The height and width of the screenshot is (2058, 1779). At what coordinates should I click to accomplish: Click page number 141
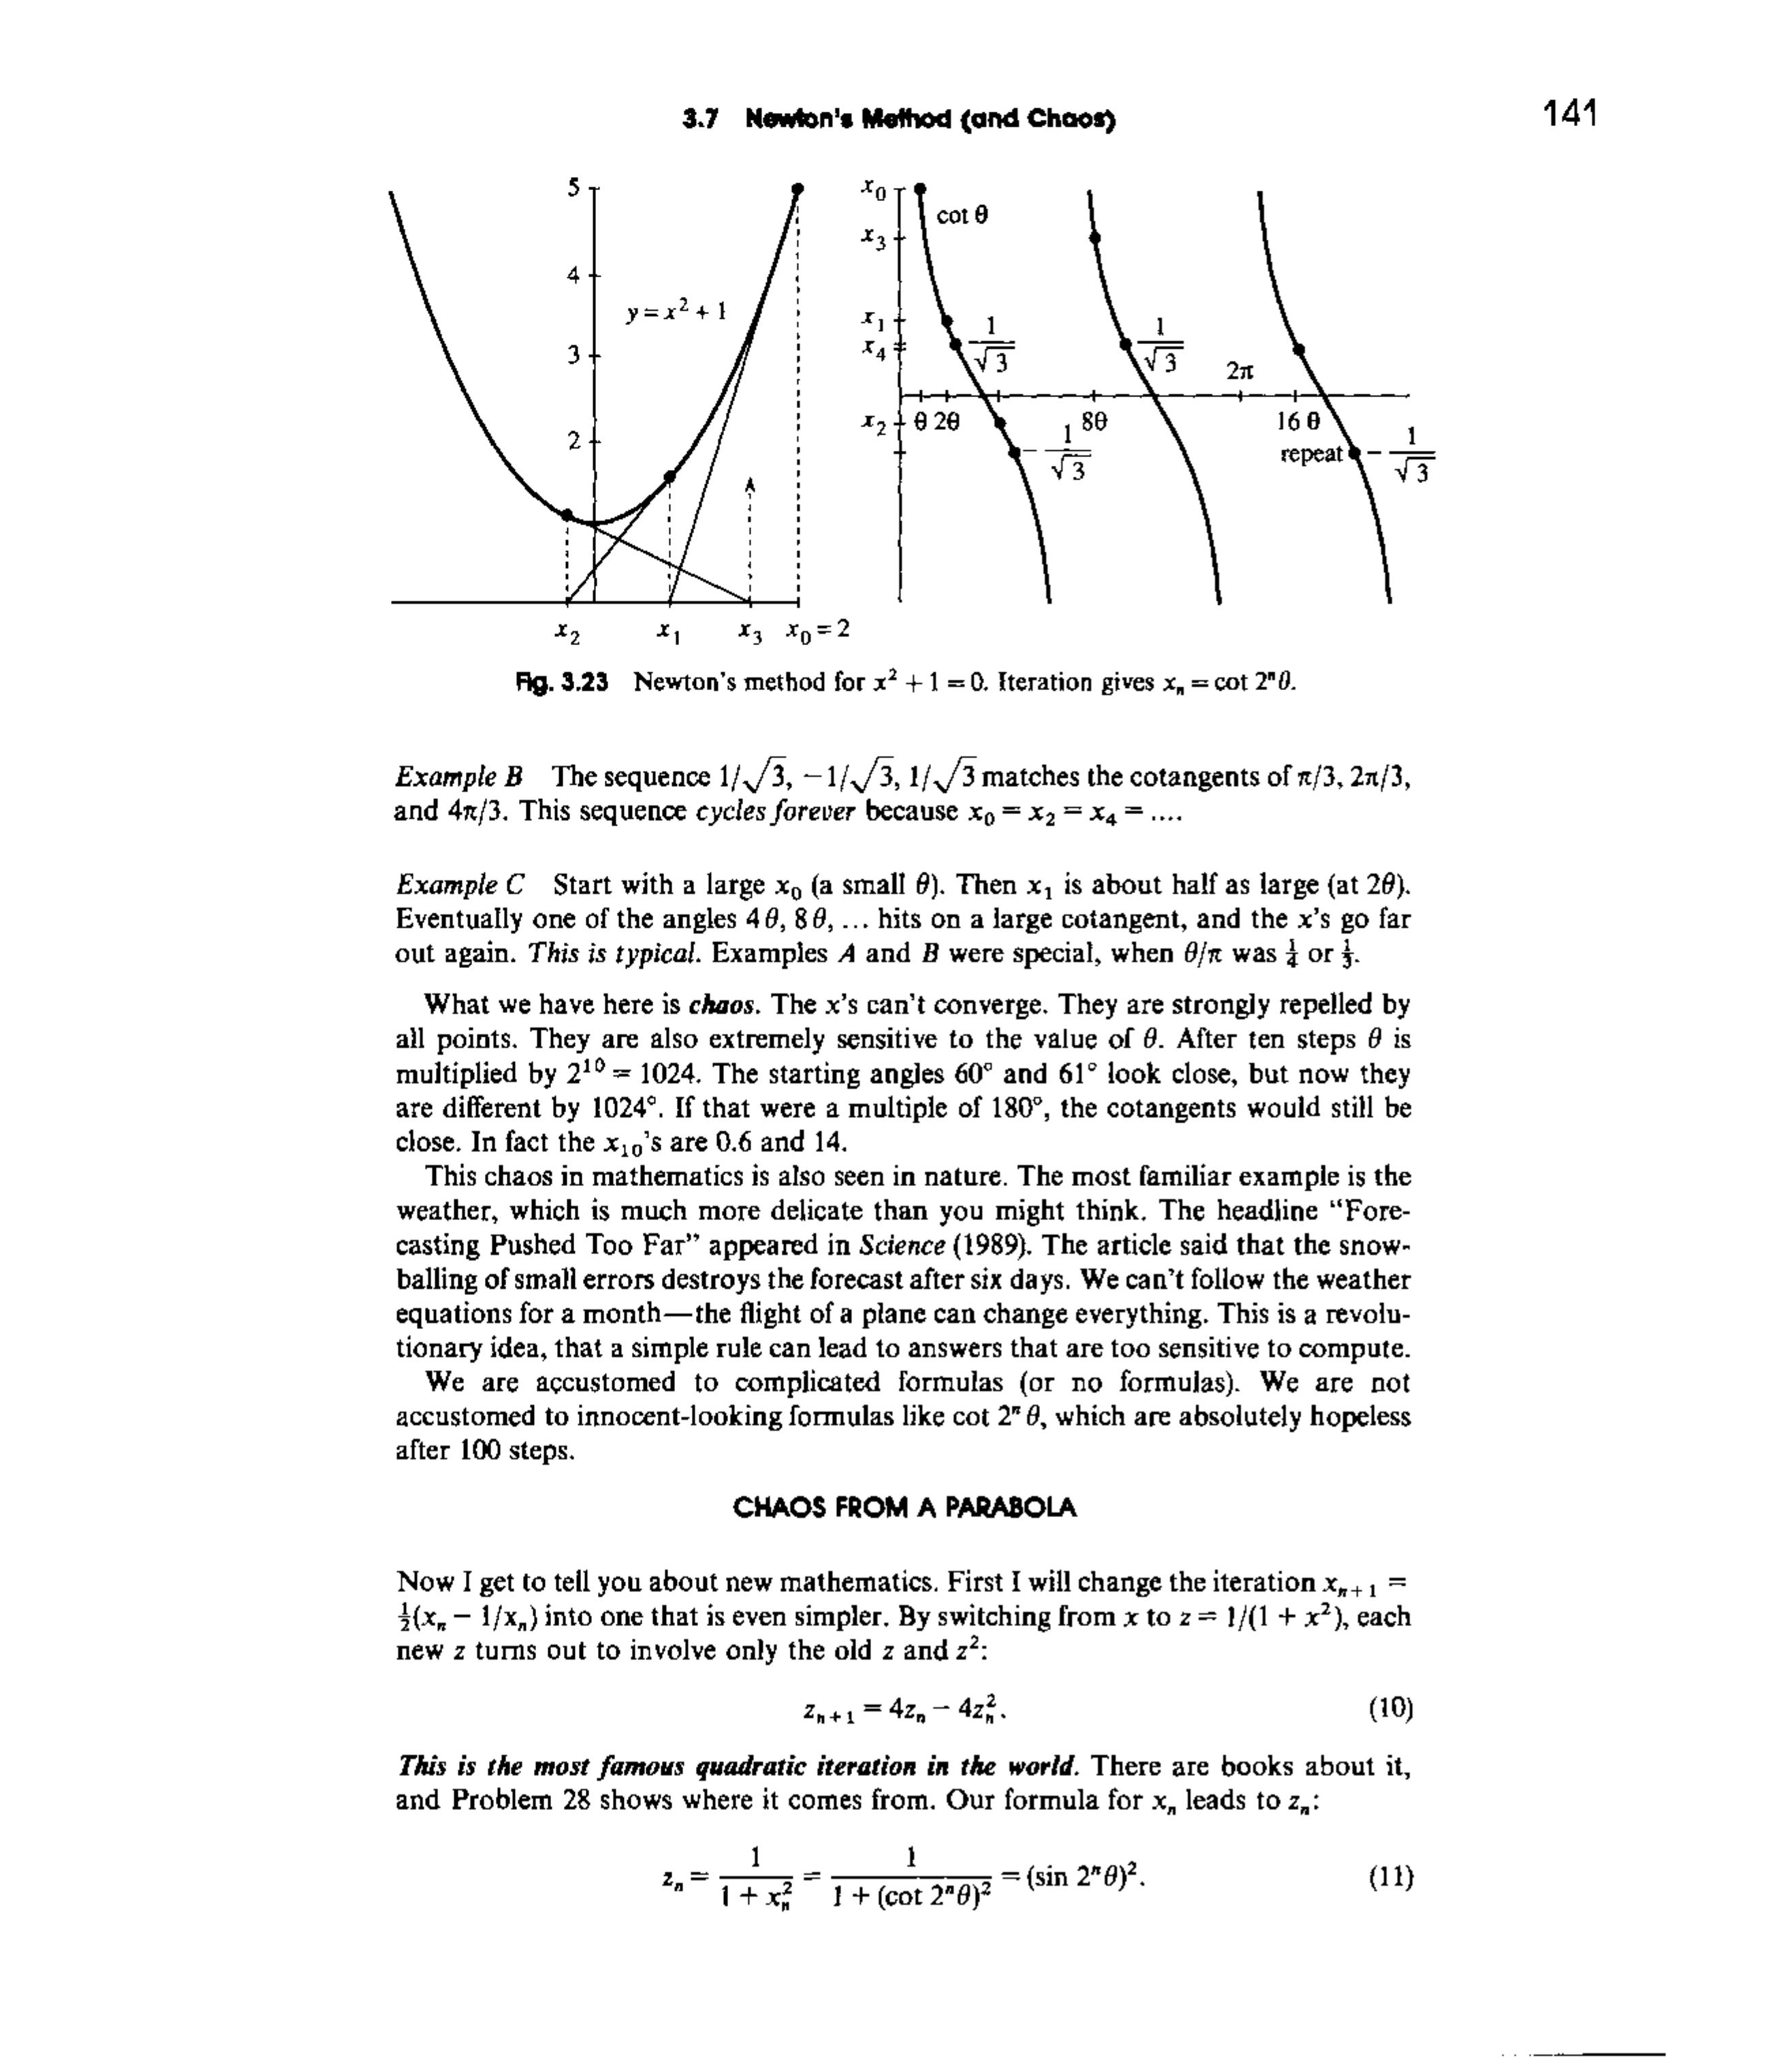[x=1569, y=114]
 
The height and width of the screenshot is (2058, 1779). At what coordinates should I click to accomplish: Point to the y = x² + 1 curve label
[x=676, y=312]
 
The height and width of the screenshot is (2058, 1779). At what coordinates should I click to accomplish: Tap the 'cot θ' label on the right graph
[x=962, y=215]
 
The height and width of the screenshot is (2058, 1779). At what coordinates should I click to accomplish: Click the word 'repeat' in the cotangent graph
[x=1311, y=454]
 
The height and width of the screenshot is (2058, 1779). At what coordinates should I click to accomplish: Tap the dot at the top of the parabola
[x=798, y=189]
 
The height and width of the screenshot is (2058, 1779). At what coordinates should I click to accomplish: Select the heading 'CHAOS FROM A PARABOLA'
[x=904, y=1508]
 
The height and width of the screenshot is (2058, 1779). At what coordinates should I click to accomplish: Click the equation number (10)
[x=1389, y=1709]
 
